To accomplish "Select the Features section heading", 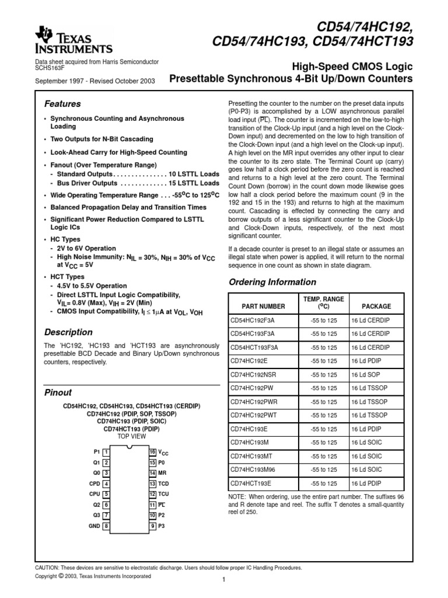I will (62, 104).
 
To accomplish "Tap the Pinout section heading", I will (58, 392).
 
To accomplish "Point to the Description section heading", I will (69, 332).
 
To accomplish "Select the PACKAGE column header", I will (376, 306).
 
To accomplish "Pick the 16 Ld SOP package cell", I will (366, 374).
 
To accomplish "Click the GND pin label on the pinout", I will (94, 526).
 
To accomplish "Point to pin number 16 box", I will (152, 452).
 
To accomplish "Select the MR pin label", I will (163, 473).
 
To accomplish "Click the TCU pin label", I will (164, 494).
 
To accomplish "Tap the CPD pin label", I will (94, 484).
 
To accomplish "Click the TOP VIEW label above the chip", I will (131, 436).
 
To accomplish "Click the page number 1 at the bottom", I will (223, 579).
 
